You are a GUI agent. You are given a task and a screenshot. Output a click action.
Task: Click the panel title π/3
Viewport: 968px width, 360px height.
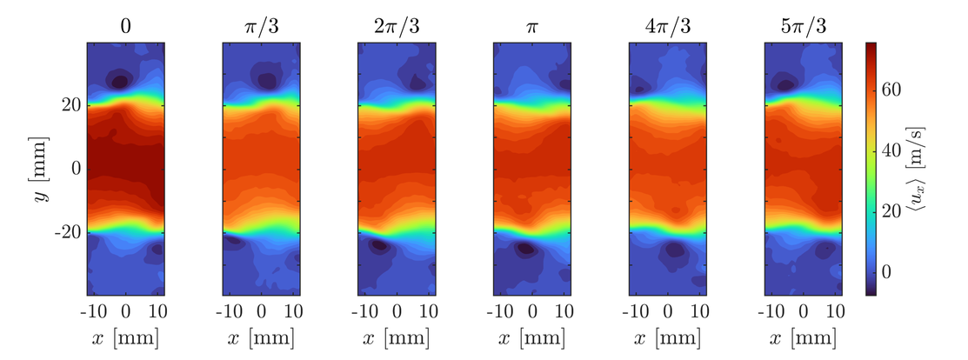tap(261, 26)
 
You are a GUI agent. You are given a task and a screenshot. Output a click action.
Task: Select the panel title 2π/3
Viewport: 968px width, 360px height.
tap(397, 26)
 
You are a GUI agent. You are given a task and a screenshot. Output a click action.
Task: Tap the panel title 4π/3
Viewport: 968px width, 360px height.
tap(668, 26)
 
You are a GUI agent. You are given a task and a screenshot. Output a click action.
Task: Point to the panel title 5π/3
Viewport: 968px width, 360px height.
tap(804, 26)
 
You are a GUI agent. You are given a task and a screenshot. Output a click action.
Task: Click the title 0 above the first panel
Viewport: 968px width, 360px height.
tap(125, 26)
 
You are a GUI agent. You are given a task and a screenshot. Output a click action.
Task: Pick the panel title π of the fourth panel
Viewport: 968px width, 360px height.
tap(532, 26)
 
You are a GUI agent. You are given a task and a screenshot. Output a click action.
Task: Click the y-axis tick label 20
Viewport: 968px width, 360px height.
tap(70, 105)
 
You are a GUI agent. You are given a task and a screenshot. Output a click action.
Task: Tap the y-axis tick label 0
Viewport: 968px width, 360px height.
tap(76, 168)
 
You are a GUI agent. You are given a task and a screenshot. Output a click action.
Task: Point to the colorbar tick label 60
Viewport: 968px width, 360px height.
tap(901, 90)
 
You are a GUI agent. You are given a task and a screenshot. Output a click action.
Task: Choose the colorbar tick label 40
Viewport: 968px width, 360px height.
tap(901, 150)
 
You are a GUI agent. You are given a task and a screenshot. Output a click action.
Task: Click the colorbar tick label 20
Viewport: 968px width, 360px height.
tap(901, 211)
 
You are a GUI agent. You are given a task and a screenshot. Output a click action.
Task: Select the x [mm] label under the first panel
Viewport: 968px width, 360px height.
tap(125, 337)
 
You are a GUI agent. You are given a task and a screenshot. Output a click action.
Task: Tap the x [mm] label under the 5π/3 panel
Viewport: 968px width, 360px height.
tap(804, 337)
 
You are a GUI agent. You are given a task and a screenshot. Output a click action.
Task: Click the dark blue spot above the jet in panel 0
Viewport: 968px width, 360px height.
tap(117, 81)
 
